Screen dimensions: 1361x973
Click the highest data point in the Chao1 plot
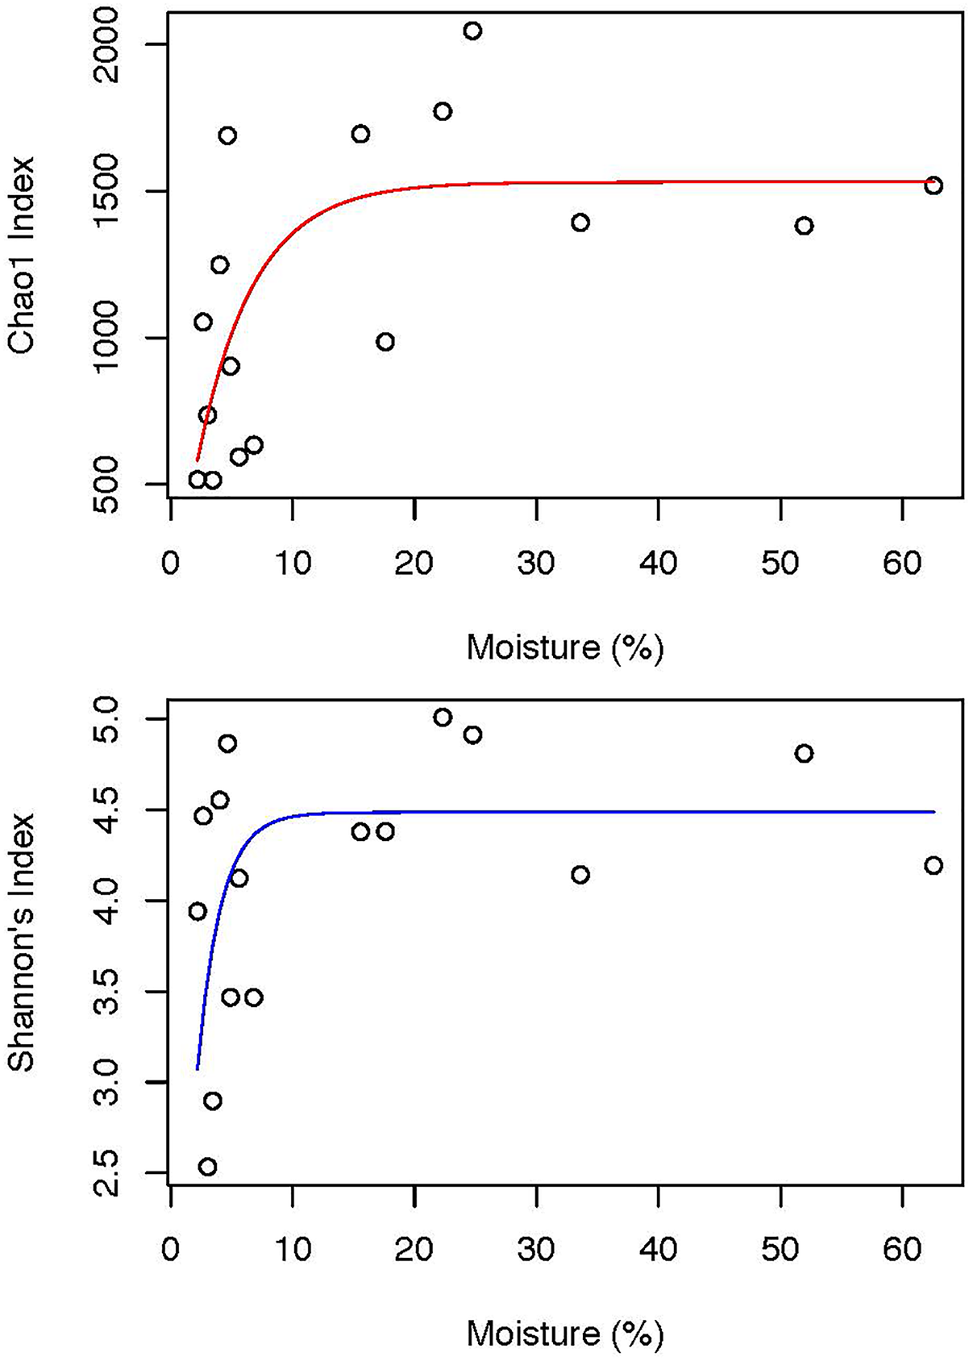[472, 31]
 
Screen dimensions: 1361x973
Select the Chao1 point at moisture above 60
[933, 185]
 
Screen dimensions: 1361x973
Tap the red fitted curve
[564, 183]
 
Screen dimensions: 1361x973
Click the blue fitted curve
[564, 812]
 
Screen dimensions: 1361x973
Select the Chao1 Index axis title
[23, 256]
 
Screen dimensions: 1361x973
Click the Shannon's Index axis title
[23, 941]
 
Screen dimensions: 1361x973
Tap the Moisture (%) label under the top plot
[564, 647]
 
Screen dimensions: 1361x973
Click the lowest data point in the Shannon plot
[207, 1167]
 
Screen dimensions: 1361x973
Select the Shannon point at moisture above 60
[933, 865]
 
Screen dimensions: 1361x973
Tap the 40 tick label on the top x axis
[658, 562]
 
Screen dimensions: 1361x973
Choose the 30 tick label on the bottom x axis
[536, 1249]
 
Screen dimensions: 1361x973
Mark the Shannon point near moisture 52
[804, 753]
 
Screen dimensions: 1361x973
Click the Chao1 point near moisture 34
[580, 223]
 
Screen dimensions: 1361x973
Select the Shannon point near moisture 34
[580, 875]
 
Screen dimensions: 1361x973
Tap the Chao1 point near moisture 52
[804, 226]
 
